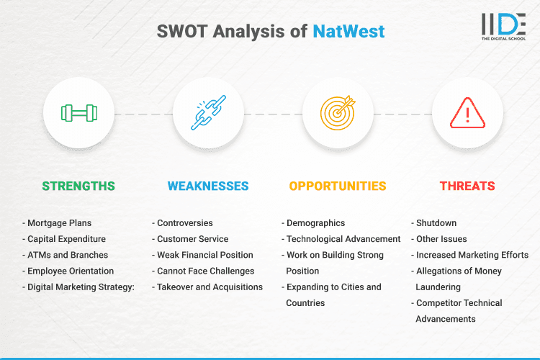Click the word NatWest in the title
[348, 31]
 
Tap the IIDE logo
[503, 27]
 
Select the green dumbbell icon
[78, 113]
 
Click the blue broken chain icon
[208, 113]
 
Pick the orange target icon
[338, 113]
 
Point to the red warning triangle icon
[467, 113]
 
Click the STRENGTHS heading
[78, 186]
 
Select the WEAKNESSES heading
[208, 186]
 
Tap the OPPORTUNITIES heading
[338, 186]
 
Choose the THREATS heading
[467, 186]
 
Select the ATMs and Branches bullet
[68, 255]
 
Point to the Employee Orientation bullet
[71, 271]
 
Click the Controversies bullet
[185, 223]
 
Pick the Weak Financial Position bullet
[205, 255]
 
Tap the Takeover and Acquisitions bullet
[210, 287]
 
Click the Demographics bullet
[315, 223]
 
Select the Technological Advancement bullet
[343, 239]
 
